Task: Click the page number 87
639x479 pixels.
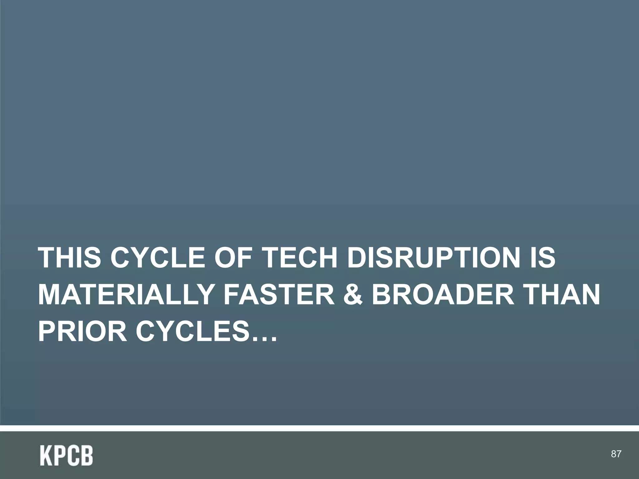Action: click(616, 454)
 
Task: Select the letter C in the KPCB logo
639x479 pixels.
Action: click(73, 456)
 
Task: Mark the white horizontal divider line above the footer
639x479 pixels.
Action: click(319, 428)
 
